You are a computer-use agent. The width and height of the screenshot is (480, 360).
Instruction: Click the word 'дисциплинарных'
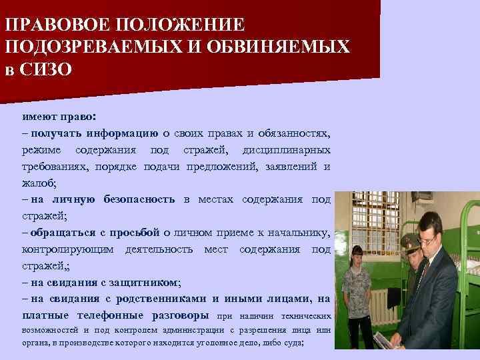pos(285,148)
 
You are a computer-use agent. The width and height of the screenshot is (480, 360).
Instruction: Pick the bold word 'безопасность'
pos(139,199)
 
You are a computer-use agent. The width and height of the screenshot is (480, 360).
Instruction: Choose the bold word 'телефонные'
pos(116,315)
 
